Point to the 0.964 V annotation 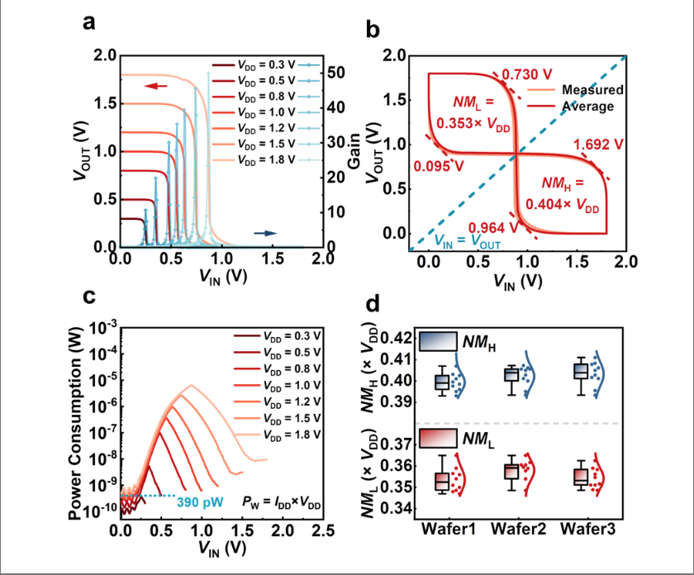(492, 228)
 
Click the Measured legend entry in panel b (592, 89)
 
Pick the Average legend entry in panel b (588, 106)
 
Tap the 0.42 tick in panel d (399, 338)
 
